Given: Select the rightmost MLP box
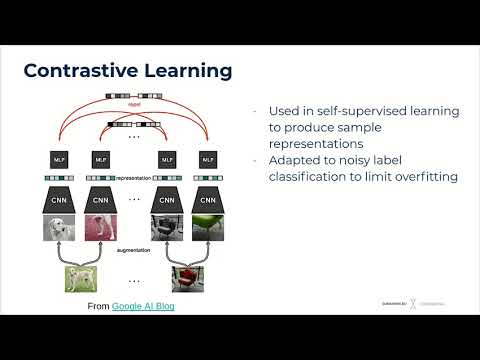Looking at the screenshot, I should (207, 159).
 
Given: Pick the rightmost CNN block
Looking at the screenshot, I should (207, 199).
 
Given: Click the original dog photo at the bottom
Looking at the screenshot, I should (82, 279).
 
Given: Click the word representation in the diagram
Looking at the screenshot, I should (133, 178).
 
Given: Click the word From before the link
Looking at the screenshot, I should (98, 305).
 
